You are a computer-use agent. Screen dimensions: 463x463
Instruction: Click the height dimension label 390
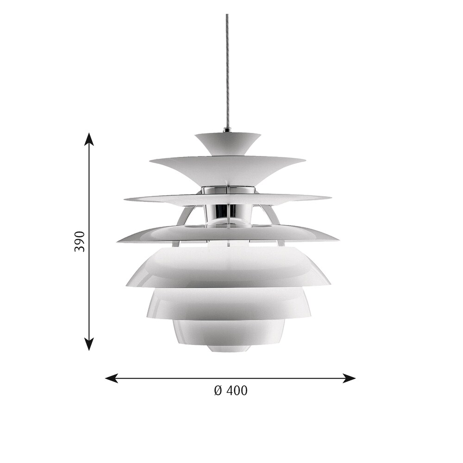80,242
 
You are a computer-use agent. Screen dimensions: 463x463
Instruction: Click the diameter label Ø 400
231,391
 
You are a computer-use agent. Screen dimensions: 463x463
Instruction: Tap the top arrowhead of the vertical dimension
89,139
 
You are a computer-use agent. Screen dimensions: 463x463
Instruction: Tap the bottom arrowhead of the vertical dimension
89,344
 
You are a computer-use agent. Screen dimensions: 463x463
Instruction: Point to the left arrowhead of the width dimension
112,378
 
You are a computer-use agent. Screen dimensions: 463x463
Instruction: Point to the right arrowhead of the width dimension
349,378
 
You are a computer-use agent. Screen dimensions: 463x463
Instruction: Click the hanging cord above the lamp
227,70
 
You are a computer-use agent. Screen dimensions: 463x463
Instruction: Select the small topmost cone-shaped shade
228,144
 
